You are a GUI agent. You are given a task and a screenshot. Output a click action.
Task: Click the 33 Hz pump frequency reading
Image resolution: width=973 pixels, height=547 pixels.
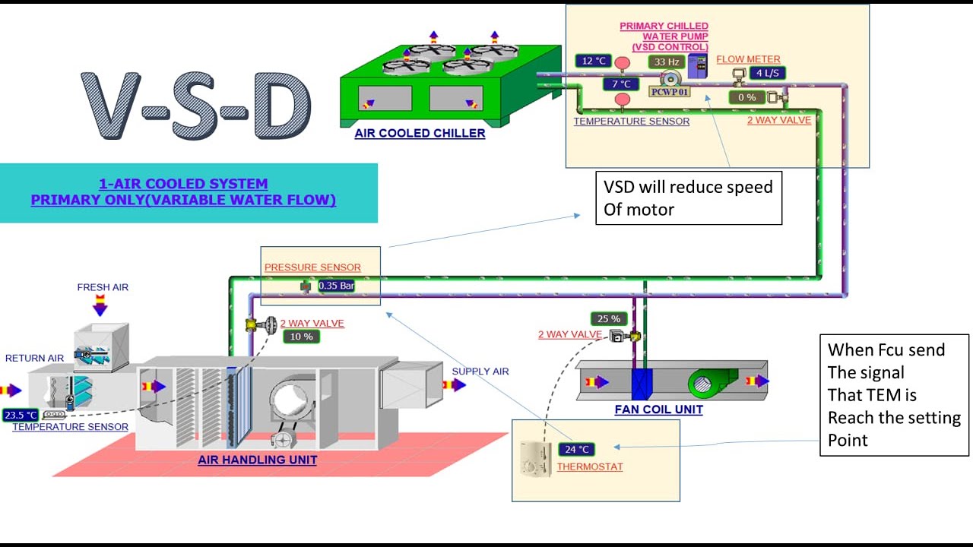[667, 62]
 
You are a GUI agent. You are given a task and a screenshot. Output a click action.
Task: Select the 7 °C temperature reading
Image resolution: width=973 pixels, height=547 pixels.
[621, 84]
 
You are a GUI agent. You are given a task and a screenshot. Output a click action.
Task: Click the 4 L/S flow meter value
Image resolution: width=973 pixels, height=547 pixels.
[766, 73]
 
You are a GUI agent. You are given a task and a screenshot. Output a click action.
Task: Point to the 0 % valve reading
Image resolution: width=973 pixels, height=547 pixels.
[747, 97]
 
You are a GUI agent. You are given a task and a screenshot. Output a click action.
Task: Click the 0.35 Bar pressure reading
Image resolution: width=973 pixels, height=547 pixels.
[336, 286]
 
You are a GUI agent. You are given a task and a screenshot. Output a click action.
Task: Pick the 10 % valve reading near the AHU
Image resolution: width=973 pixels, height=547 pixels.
[302, 337]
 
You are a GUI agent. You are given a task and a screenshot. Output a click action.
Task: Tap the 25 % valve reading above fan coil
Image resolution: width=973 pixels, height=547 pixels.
[609, 319]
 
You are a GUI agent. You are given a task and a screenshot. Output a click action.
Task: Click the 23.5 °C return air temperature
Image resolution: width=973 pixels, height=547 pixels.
[21, 416]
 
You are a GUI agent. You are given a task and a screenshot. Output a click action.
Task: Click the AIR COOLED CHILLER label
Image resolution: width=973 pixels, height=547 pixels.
[420, 134]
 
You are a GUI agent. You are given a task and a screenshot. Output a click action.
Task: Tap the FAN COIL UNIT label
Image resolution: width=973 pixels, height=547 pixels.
[658, 409]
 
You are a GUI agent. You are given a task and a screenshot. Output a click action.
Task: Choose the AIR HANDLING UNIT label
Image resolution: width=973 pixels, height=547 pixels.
[258, 460]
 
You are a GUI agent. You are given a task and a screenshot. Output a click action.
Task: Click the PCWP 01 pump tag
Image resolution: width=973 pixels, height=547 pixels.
[668, 91]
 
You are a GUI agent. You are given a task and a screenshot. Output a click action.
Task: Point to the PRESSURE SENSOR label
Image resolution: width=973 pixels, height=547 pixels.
[312, 267]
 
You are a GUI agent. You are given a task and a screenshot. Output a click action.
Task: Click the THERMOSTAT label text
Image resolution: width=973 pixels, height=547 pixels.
[589, 466]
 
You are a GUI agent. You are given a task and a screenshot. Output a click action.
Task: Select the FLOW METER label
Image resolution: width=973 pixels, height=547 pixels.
[748, 59]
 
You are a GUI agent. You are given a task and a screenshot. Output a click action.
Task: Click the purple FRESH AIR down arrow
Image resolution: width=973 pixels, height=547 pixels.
[100, 307]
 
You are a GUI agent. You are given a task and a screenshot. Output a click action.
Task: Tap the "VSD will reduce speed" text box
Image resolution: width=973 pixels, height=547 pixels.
[688, 198]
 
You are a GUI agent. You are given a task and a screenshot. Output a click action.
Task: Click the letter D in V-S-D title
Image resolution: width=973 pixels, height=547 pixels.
[282, 106]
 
